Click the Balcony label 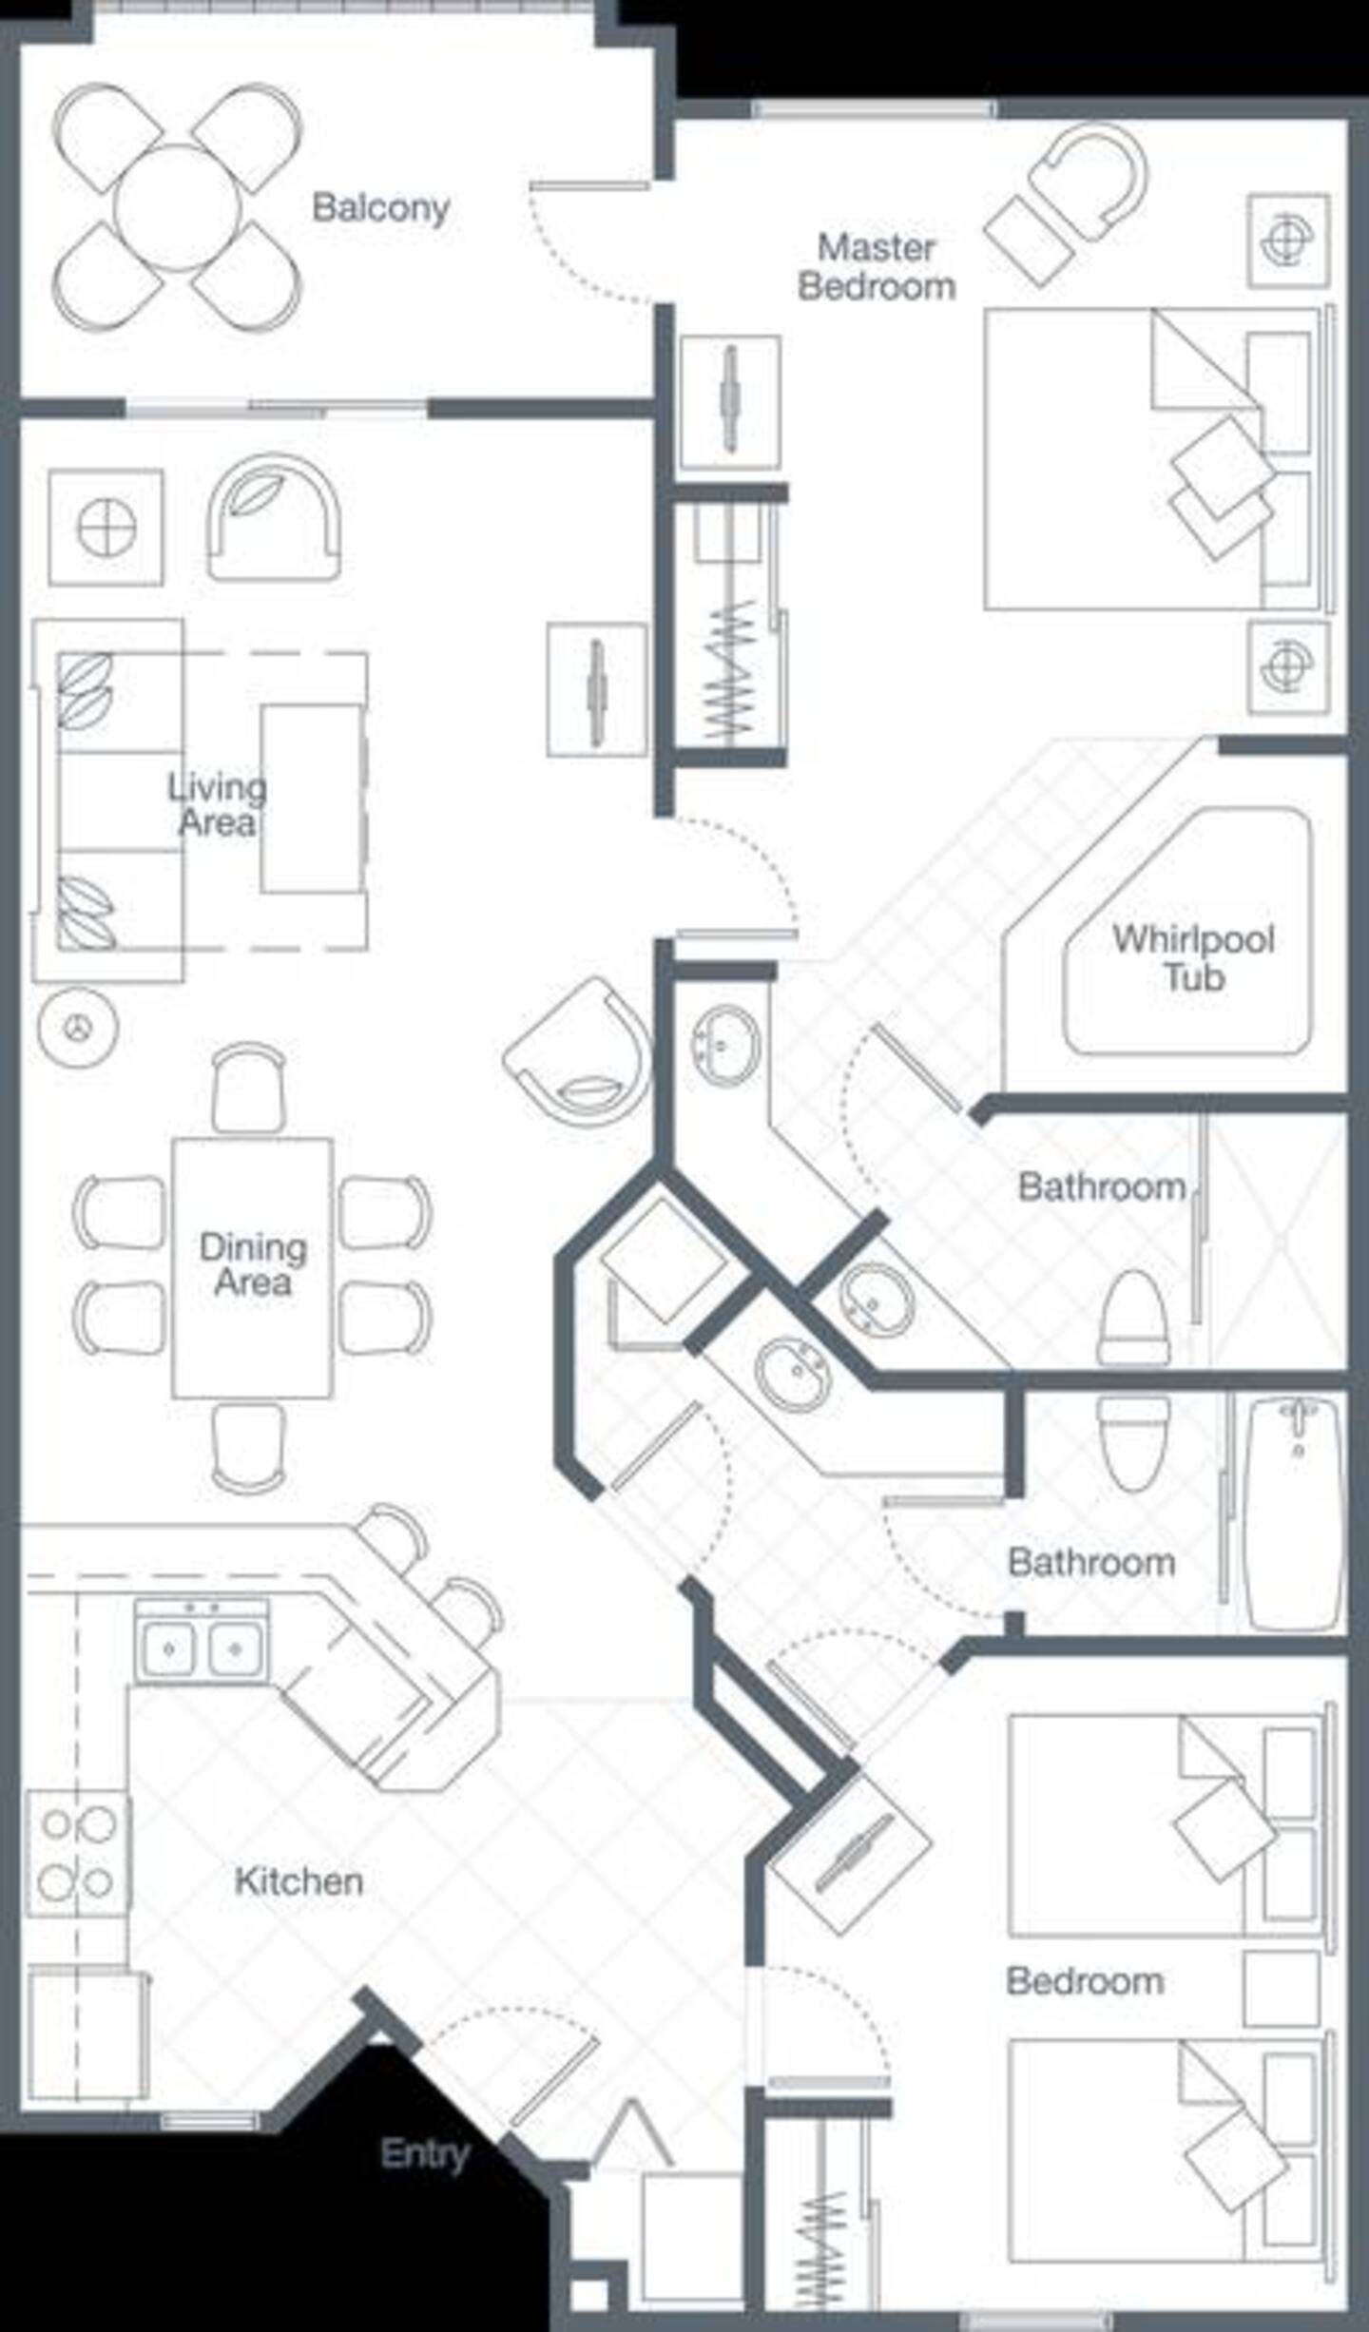pyautogui.click(x=380, y=207)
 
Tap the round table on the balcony pyautogui.click(x=177, y=207)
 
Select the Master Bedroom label pyautogui.click(x=877, y=267)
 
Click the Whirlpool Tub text pyautogui.click(x=1193, y=958)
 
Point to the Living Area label pyautogui.click(x=217, y=805)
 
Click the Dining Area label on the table pyautogui.click(x=253, y=1265)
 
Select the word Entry pyautogui.click(x=425, y=2153)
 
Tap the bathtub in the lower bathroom pyautogui.click(x=1294, y=1514)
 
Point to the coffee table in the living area pyautogui.click(x=312, y=799)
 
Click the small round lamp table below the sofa pyautogui.click(x=78, y=1027)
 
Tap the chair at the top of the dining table pyautogui.click(x=248, y=1089)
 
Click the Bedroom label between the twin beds pyautogui.click(x=1085, y=1982)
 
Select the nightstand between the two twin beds pyautogui.click(x=1282, y=1990)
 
